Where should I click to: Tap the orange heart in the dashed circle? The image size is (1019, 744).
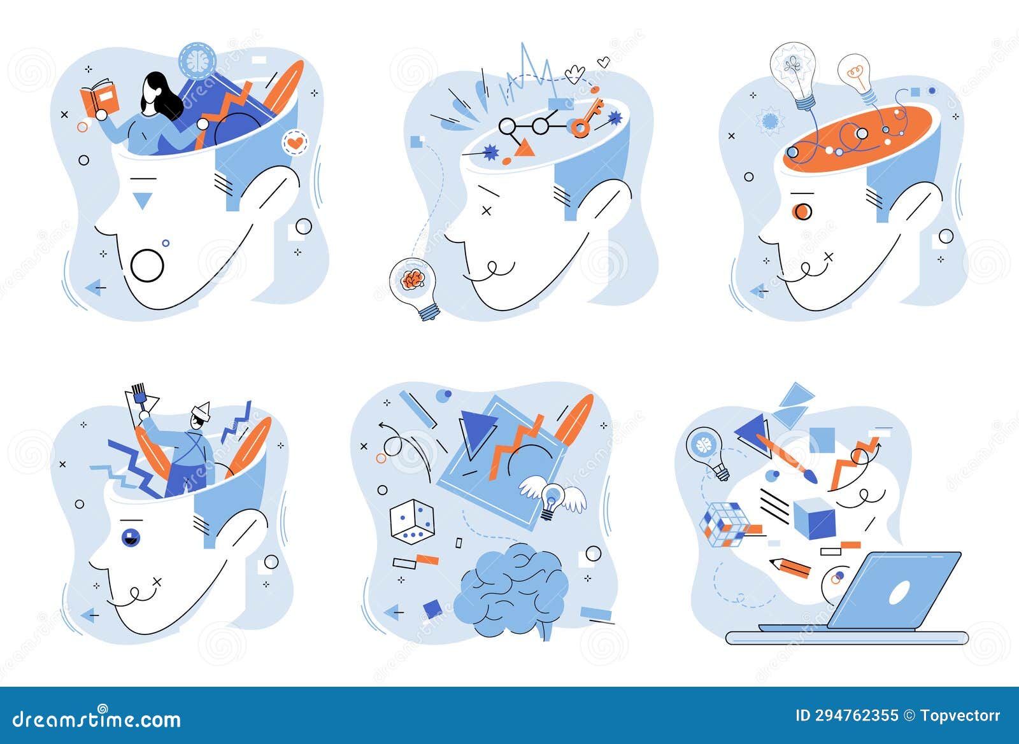[x=294, y=143]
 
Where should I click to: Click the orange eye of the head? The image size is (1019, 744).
[x=802, y=210]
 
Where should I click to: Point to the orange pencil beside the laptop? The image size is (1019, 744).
[x=790, y=566]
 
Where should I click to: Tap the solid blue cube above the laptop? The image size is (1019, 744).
[x=814, y=518]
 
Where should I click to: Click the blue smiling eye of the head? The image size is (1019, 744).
[x=131, y=536]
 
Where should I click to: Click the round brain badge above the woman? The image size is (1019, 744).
[x=197, y=60]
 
